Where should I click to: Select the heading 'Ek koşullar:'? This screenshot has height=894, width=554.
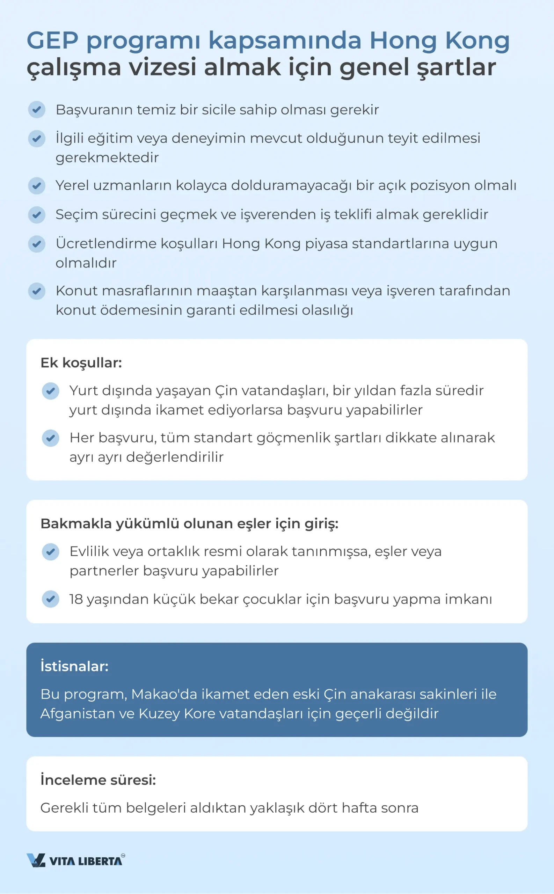81,362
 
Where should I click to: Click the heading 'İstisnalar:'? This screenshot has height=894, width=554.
74,666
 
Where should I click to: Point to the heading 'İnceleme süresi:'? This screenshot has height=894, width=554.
98,780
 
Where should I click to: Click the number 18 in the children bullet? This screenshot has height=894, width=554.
76,599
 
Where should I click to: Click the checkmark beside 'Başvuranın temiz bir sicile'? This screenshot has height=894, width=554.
37,110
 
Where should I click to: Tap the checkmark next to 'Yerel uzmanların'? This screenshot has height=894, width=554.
37,186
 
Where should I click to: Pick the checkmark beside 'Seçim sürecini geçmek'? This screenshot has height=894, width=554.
37,215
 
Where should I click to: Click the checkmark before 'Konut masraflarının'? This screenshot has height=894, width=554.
37,291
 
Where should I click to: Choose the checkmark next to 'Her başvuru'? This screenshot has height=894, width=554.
51,438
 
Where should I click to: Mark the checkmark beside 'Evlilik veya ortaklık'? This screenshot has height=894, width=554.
51,552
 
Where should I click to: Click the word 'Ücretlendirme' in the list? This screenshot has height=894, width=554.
106,243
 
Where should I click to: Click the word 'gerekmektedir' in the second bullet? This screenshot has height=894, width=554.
107,158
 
